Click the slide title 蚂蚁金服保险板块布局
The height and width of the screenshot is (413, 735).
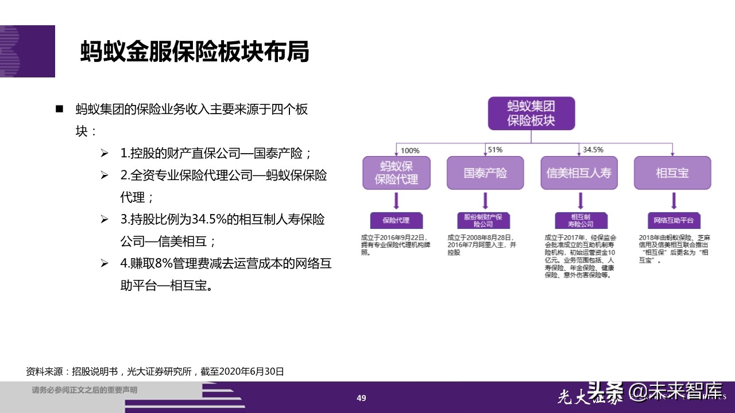[x=195, y=52]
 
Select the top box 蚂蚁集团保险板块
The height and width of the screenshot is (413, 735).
[x=531, y=113]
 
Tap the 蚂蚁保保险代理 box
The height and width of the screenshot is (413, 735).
[x=396, y=173]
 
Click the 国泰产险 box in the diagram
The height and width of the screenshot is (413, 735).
[x=485, y=173]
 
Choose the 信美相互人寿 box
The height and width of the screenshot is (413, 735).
[x=579, y=173]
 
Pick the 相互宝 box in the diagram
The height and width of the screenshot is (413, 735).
[x=672, y=173]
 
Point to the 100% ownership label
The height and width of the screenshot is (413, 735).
[x=410, y=151]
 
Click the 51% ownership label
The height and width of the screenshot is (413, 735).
[x=495, y=150]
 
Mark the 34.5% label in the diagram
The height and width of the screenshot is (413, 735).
[x=593, y=150]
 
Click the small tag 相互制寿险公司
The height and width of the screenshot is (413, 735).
[x=581, y=220]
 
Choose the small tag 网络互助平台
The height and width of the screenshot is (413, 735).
[x=674, y=220]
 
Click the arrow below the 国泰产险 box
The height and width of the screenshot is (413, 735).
[x=486, y=201]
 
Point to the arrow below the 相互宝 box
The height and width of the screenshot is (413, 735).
[x=673, y=201]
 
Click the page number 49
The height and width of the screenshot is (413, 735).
[x=361, y=398]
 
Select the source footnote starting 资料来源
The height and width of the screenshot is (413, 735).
[x=155, y=371]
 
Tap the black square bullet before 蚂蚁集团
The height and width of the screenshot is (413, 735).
[x=59, y=109]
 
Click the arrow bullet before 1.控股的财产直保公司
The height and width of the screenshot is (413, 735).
[x=105, y=154]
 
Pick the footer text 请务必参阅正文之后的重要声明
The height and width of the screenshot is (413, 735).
[x=84, y=391]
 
